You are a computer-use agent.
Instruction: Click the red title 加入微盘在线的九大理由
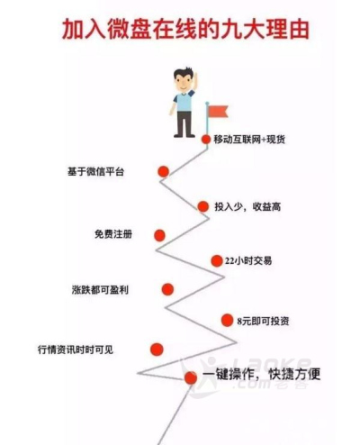tap(185, 30)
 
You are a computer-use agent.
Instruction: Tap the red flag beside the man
tap(218, 112)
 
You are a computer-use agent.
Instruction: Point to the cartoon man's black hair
tap(184, 73)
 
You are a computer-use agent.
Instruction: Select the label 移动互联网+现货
tap(249, 140)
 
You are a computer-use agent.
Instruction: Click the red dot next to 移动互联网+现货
tap(206, 139)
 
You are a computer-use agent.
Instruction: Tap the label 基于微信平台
tap(95, 172)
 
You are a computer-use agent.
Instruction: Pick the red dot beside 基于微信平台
tap(164, 171)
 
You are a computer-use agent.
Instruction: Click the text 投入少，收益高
tap(247, 206)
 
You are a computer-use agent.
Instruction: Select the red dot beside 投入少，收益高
tap(203, 206)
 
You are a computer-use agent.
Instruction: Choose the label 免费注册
tap(113, 234)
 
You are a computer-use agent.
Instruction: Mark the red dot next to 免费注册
tap(159, 235)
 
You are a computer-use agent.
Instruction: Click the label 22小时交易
tap(248, 261)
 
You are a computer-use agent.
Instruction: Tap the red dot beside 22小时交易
tap(217, 261)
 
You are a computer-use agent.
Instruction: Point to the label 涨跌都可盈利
tap(100, 290)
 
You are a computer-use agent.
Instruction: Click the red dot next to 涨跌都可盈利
tap(167, 289)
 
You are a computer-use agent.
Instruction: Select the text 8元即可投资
tap(263, 321)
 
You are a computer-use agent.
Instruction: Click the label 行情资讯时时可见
tap(76, 350)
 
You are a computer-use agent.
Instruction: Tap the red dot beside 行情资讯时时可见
tap(157, 350)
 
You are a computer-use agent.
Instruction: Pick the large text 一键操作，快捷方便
tap(262, 375)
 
